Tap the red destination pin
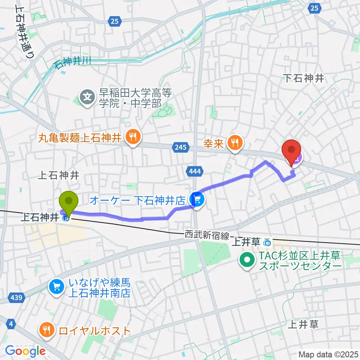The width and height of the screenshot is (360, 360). (292, 151)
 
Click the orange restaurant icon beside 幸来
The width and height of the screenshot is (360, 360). (235, 142)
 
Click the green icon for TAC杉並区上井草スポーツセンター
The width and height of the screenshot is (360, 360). (247, 261)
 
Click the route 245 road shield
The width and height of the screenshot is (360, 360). (180, 147)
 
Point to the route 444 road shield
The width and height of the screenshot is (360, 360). (195, 171)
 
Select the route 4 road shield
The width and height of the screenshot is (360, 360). (12, 323)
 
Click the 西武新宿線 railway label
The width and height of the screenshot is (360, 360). (207, 235)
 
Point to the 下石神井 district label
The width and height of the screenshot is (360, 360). (303, 78)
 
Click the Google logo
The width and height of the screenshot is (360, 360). (25, 351)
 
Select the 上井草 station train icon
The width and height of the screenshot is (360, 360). (267, 243)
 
